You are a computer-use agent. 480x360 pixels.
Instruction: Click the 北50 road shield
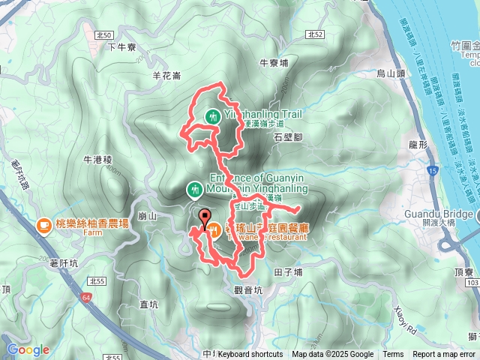click(104, 35)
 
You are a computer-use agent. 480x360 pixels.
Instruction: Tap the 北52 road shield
click(315, 34)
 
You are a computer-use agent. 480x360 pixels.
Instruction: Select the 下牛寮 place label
click(120, 46)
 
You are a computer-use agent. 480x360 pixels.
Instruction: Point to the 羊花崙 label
click(166, 75)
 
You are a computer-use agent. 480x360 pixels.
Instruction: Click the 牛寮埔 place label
click(273, 64)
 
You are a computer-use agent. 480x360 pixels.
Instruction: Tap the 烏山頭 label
click(390, 73)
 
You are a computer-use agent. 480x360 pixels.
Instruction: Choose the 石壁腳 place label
click(288, 137)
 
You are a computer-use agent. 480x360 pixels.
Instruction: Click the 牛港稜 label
click(97, 160)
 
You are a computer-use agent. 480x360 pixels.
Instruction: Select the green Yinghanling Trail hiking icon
click(214, 116)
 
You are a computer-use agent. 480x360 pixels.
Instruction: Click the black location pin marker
click(205, 217)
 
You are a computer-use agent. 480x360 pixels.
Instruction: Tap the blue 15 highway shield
click(433, 172)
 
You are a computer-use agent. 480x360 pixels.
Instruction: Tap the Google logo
click(28, 349)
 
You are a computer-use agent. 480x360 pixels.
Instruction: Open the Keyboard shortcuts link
click(250, 355)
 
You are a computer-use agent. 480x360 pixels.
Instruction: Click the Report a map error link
click(444, 355)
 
